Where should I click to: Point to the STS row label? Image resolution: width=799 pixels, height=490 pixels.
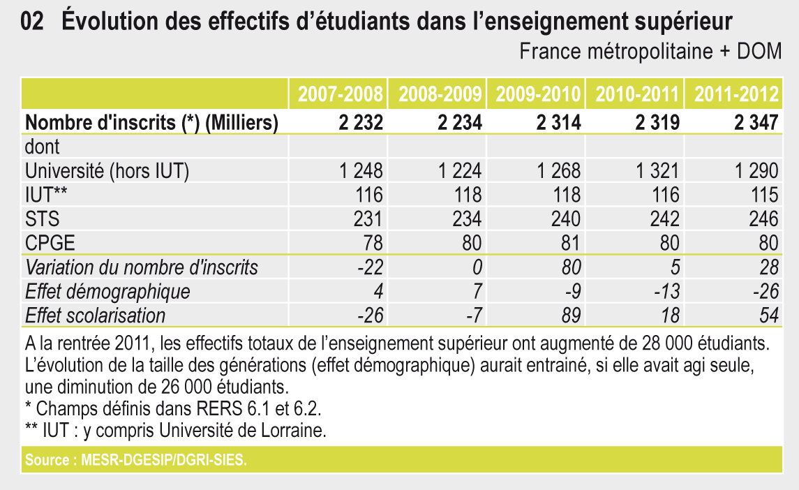coord(43,219)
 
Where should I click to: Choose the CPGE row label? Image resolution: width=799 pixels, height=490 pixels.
coord(50,243)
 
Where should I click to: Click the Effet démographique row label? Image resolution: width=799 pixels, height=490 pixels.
coord(107,291)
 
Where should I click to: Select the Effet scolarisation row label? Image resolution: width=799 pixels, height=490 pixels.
coord(96,315)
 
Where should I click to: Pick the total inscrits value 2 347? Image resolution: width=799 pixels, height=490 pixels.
coord(756,123)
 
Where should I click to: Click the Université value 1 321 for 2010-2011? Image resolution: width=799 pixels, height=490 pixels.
coord(657,171)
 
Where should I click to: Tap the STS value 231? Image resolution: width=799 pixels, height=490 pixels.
coord(368,219)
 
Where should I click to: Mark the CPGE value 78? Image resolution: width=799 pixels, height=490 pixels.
coord(373,243)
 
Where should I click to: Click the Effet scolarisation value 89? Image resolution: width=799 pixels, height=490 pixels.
coord(570,315)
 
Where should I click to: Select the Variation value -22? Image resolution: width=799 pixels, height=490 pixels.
coord(371,267)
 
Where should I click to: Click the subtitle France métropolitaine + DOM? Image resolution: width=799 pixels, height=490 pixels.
coord(650,52)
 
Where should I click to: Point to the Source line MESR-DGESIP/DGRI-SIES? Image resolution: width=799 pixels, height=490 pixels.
coord(136,461)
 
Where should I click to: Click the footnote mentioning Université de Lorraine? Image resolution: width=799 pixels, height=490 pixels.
coord(175,431)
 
